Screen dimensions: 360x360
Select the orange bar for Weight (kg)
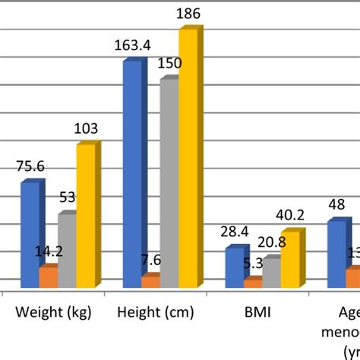pos(47,277)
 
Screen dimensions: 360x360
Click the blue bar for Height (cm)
pos(131,171)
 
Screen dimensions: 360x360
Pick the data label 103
pos(85,129)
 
